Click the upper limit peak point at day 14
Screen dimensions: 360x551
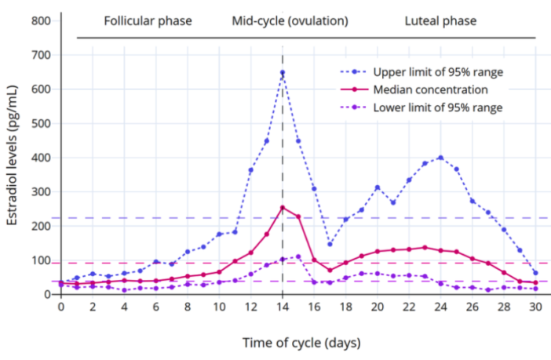click(x=283, y=73)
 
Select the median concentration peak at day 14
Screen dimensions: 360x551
click(x=283, y=208)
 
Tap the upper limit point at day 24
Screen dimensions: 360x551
click(x=440, y=158)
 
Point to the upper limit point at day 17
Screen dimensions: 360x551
click(x=330, y=244)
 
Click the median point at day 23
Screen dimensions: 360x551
click(x=425, y=247)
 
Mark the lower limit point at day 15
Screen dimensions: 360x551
click(x=298, y=256)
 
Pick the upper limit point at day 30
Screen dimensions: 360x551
click(x=535, y=273)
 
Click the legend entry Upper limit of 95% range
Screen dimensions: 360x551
click(x=438, y=72)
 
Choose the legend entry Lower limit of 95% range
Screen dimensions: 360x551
click(x=438, y=107)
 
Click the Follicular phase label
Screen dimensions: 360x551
click(x=148, y=20)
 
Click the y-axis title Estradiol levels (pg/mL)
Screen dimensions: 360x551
click(x=13, y=158)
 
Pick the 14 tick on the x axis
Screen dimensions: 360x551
click(x=283, y=307)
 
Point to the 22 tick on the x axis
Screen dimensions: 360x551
click(x=409, y=307)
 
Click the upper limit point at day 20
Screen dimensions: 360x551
click(x=378, y=187)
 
